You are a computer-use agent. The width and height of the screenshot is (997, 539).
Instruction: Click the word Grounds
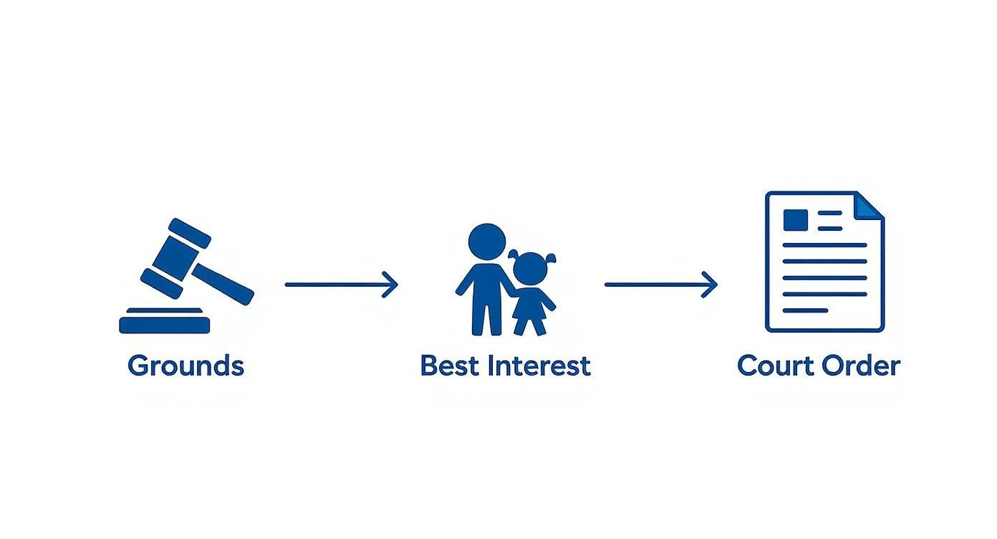pos(186,366)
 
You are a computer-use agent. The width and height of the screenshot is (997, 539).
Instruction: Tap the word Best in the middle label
pos(448,366)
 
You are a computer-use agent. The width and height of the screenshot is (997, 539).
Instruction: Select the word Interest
pos(538,366)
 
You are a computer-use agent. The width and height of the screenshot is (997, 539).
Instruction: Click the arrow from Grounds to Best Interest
pos(340,285)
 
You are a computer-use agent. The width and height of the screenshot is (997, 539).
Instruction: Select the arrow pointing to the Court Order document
pos(660,285)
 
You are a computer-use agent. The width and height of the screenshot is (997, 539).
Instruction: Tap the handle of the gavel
pos(223,283)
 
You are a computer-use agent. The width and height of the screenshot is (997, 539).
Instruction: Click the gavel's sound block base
pos(165,325)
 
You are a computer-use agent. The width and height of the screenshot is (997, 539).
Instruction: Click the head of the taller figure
pos(486,241)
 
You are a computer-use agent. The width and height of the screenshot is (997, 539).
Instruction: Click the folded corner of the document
pos(871,206)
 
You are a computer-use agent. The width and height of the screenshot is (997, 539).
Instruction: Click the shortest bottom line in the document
pos(805,310)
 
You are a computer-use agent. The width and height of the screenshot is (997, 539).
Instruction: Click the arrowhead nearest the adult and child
pos(390,285)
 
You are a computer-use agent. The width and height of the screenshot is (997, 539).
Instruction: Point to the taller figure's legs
pos(486,315)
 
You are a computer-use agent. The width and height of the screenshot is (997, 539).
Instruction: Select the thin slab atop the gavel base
pos(165,311)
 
